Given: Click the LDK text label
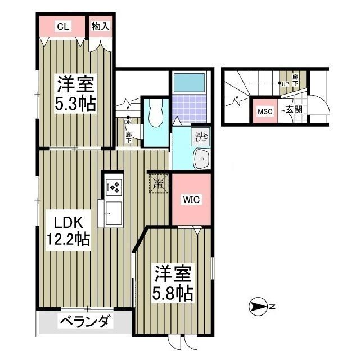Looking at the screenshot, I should [62, 220].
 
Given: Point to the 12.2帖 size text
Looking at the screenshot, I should [67, 239].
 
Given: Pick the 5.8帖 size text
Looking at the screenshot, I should [173, 293].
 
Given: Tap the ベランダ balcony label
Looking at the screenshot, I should [85, 323].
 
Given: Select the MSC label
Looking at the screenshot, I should [264, 111].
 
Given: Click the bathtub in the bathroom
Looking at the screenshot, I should [191, 83].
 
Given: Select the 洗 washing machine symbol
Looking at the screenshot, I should [201, 136].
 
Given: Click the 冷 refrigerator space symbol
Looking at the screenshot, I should [158, 183].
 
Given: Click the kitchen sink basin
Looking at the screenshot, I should [111, 213].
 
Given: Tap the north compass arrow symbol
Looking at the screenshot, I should [259, 307].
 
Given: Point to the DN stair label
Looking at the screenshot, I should [128, 121].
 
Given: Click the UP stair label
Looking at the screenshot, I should [285, 84].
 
